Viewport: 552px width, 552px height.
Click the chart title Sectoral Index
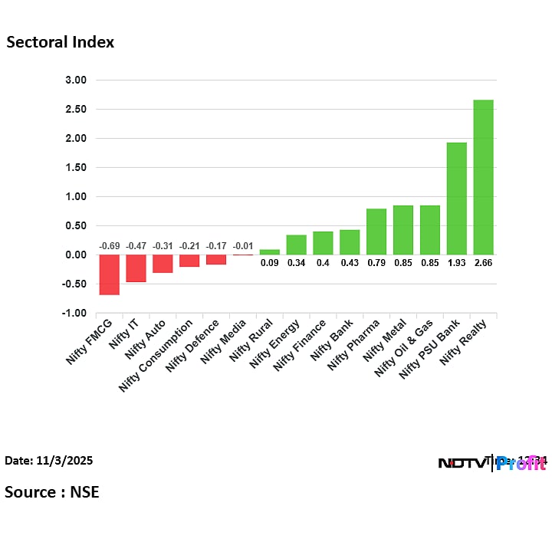pos(61,43)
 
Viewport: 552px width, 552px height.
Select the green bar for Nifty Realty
pos(483,177)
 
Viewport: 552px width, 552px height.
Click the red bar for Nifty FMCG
pos(110,274)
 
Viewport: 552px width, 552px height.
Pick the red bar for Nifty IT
pos(136,268)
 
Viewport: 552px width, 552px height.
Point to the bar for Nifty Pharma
pos(376,232)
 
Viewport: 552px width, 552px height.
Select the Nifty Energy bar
pos(297,245)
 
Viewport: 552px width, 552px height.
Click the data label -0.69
pos(110,246)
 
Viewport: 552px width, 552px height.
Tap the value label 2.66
pos(483,263)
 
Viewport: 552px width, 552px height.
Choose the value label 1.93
pos(457,263)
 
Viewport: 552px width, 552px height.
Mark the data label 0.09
pos(270,263)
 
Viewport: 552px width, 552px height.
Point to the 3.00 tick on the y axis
pos(76,80)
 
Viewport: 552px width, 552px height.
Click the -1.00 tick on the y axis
pos(74,314)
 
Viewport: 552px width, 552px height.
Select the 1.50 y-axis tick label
pos(76,168)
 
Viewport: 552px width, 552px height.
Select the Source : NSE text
pos(52,492)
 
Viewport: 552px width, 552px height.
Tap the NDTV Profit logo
pos(491,463)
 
